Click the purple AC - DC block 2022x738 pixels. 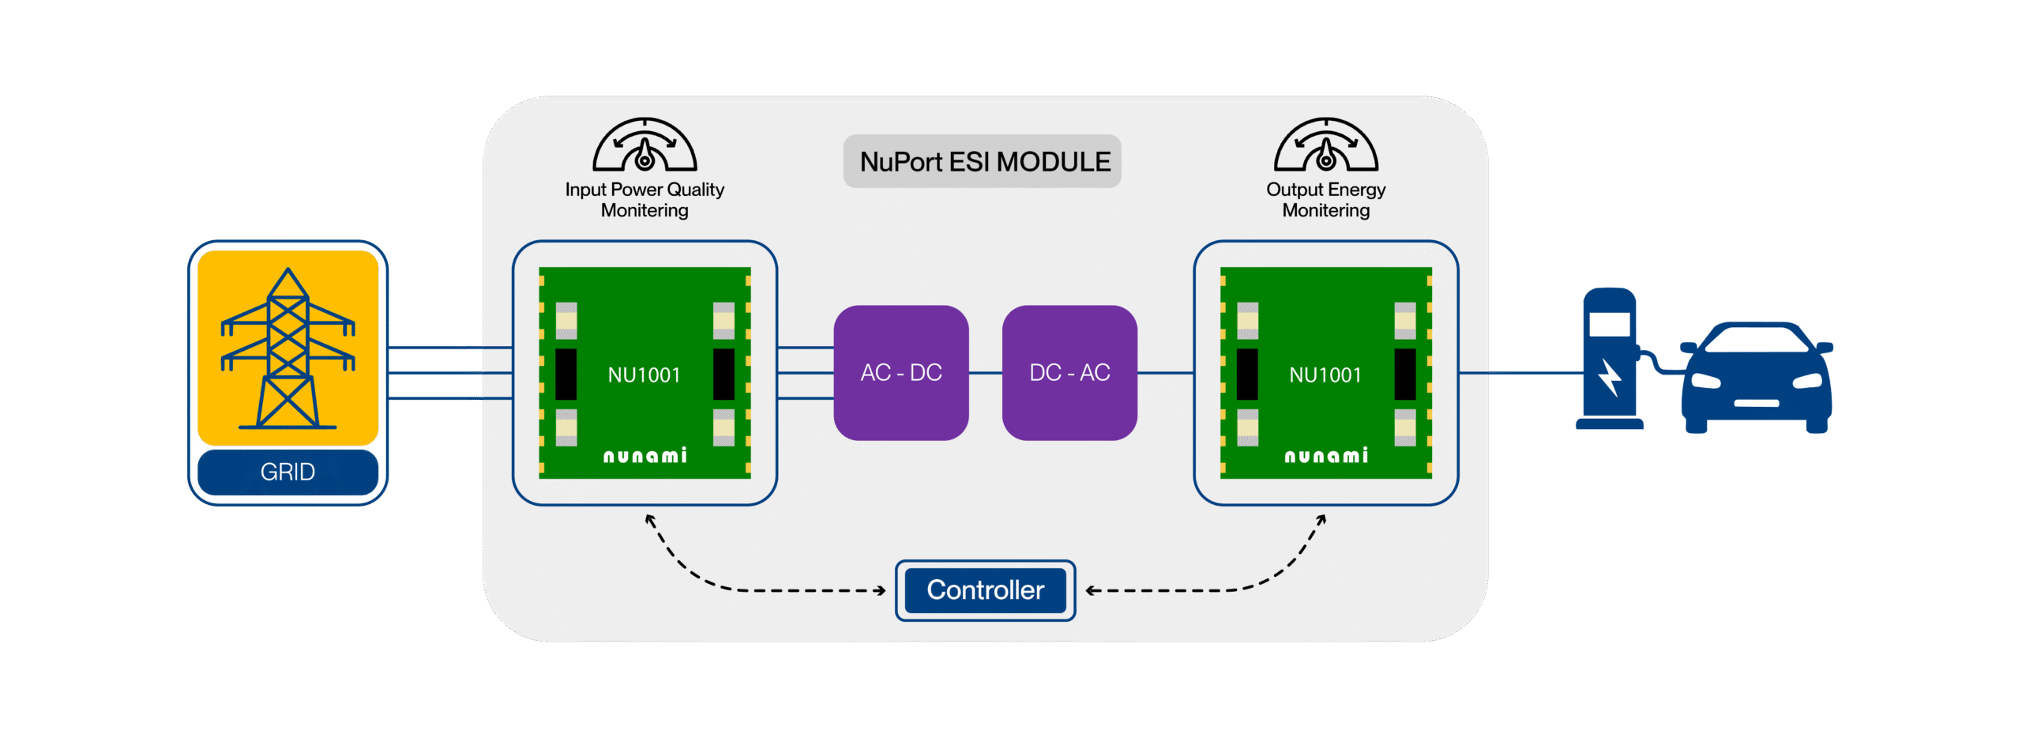[901, 373]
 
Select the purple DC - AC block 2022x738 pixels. [1069, 373]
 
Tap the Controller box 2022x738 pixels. [985, 590]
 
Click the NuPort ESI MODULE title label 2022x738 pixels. [984, 162]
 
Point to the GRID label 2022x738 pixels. [288, 472]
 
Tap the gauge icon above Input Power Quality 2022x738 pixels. [645, 145]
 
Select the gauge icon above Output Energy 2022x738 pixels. [1326, 145]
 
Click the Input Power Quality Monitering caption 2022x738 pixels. [645, 200]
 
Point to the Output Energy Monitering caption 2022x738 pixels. [1326, 200]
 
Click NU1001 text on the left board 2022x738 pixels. [644, 375]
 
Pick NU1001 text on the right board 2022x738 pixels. [1325, 375]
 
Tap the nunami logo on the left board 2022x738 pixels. [645, 456]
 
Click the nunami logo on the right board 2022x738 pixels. [1326, 456]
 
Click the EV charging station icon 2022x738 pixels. [1610, 360]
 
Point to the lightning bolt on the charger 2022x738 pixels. [1610, 378]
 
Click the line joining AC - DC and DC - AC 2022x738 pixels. [986, 373]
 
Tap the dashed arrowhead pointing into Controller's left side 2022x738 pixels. [881, 590]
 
